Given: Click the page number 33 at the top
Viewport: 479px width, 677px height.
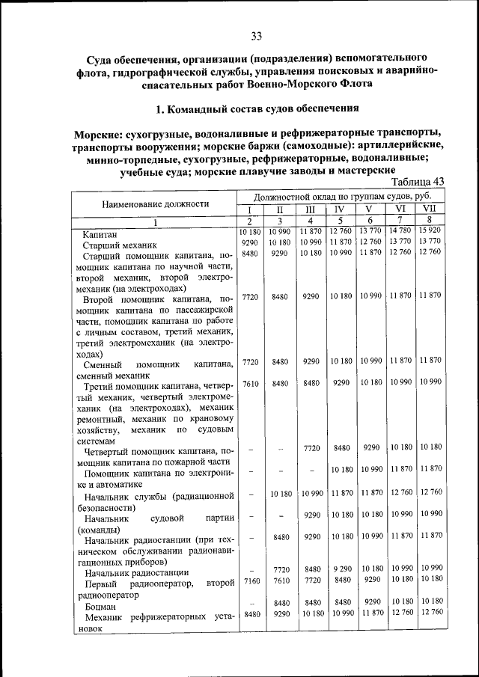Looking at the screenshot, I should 256,36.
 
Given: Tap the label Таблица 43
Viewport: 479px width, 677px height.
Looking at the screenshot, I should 418,182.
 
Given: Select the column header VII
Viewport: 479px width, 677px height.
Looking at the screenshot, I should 429,209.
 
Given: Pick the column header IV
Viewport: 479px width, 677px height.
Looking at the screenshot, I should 339,209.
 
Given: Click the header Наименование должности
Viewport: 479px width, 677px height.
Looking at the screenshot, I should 156,203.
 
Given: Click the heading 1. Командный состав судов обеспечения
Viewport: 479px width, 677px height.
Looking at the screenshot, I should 257,109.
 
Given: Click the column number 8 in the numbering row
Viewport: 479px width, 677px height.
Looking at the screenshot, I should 430,220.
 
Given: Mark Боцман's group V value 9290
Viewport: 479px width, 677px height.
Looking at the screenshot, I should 370,601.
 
